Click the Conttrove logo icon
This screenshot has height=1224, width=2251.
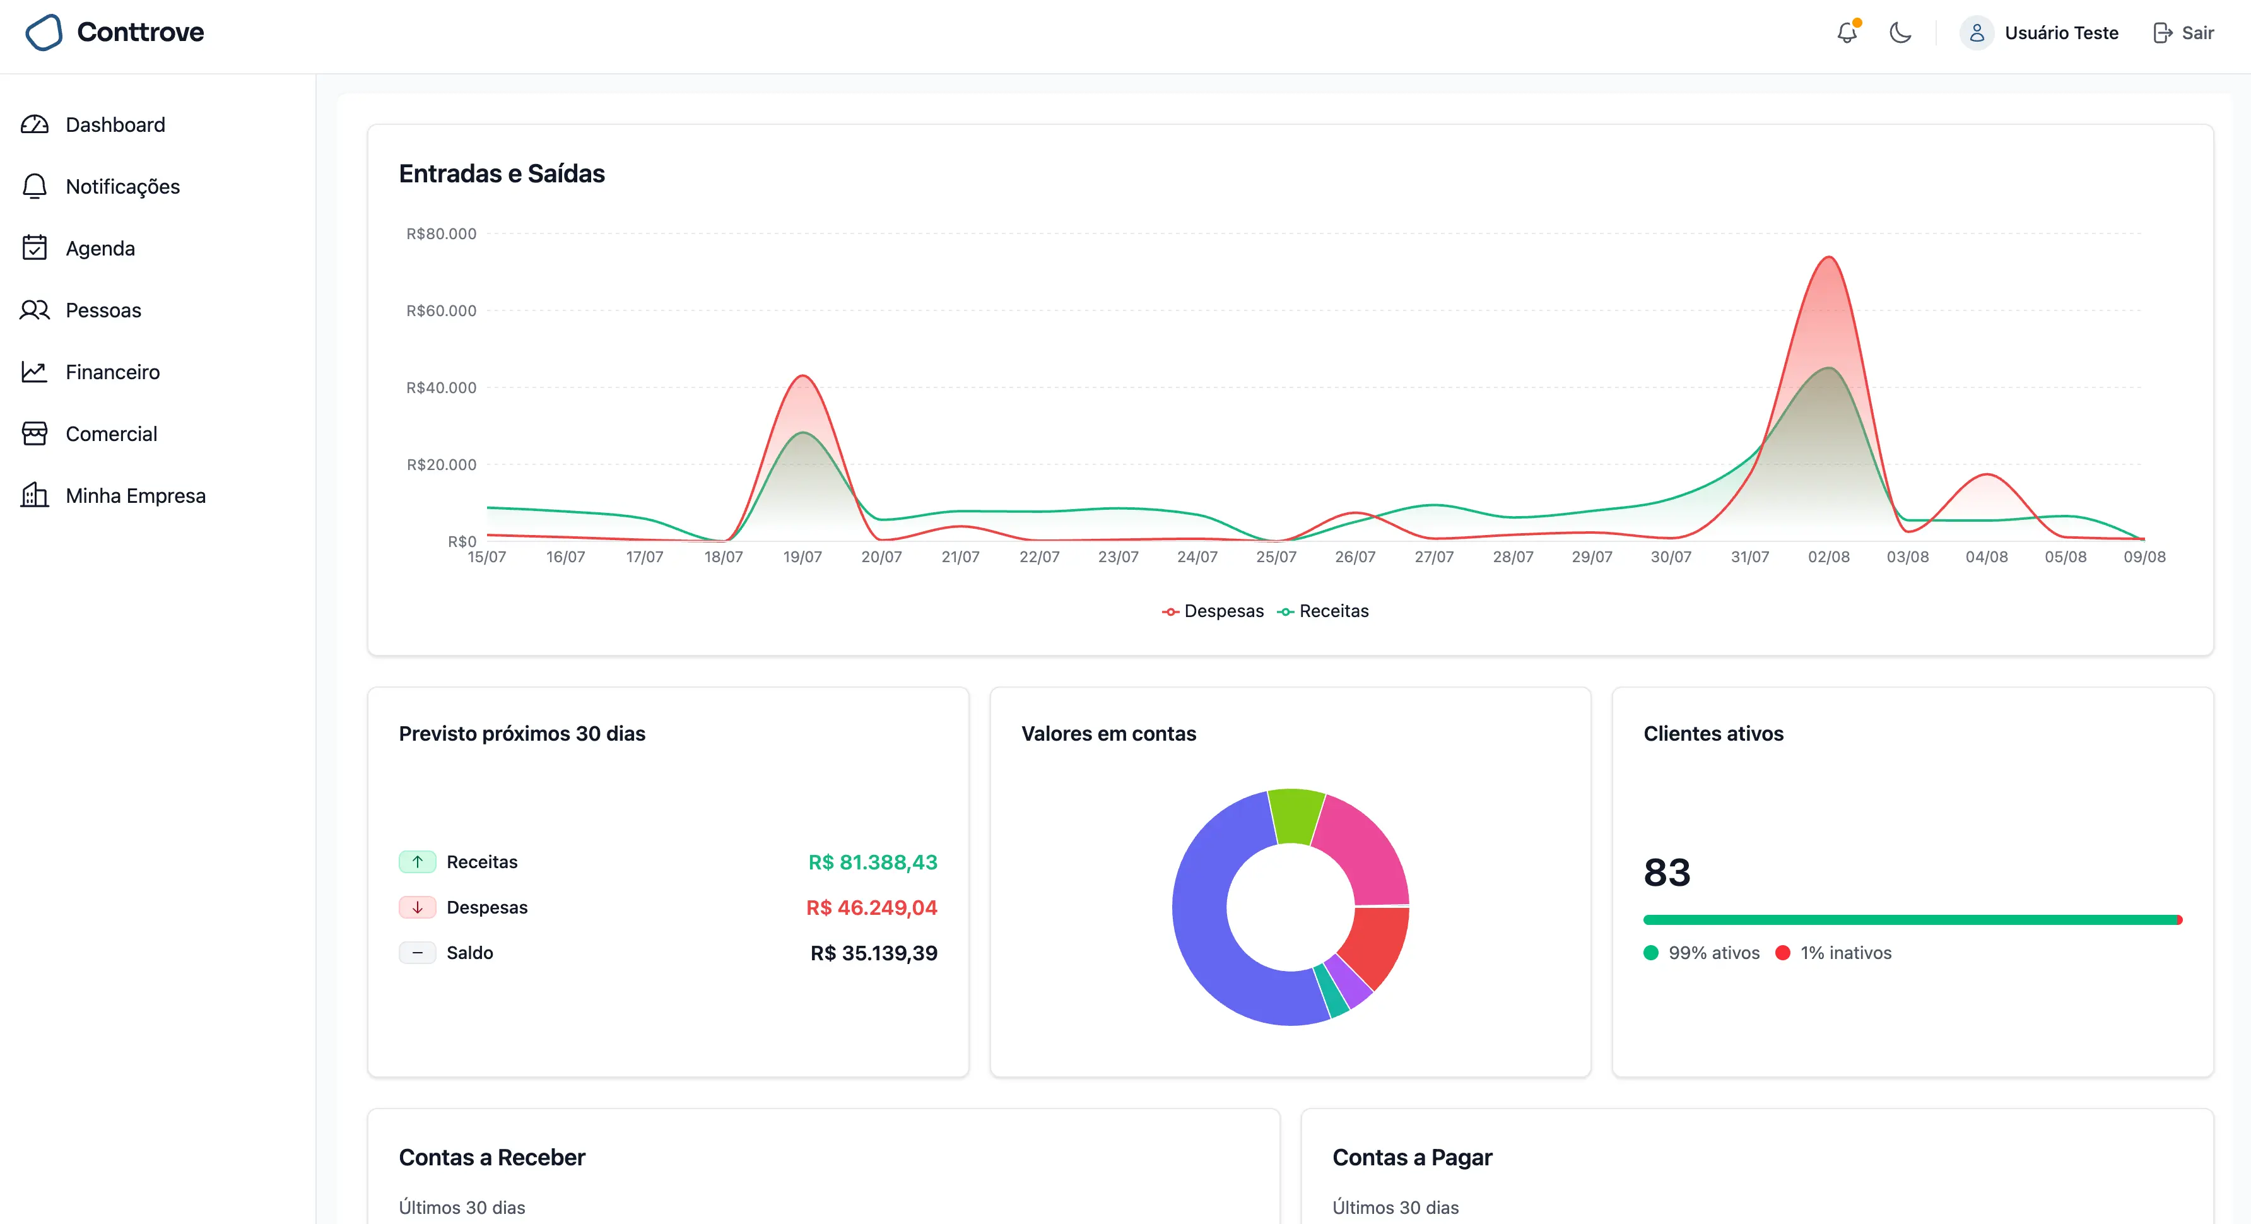pyautogui.click(x=44, y=32)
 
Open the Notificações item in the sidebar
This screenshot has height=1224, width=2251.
pyautogui.click(x=122, y=186)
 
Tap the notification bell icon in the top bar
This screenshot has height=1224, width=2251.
pyautogui.click(x=1847, y=33)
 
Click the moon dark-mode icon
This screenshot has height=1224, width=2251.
pyautogui.click(x=1900, y=33)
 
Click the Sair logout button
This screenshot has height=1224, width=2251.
pyautogui.click(x=2183, y=33)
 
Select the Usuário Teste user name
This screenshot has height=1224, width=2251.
pyautogui.click(x=2061, y=33)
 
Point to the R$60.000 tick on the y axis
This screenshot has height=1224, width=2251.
pyautogui.click(x=441, y=310)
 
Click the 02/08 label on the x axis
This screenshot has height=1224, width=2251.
pyautogui.click(x=1828, y=556)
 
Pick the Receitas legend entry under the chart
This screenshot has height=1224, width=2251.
pyautogui.click(x=1323, y=611)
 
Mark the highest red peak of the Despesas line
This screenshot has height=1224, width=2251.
pyautogui.click(x=1828, y=257)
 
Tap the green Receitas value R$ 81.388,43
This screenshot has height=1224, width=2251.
pyautogui.click(x=872, y=862)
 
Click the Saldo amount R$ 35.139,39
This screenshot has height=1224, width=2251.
pyautogui.click(x=874, y=953)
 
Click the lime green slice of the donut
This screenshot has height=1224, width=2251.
pyautogui.click(x=1295, y=815)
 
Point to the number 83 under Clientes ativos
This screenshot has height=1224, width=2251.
pyautogui.click(x=1666, y=872)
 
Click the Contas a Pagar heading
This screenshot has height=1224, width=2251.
pyautogui.click(x=1412, y=1158)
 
